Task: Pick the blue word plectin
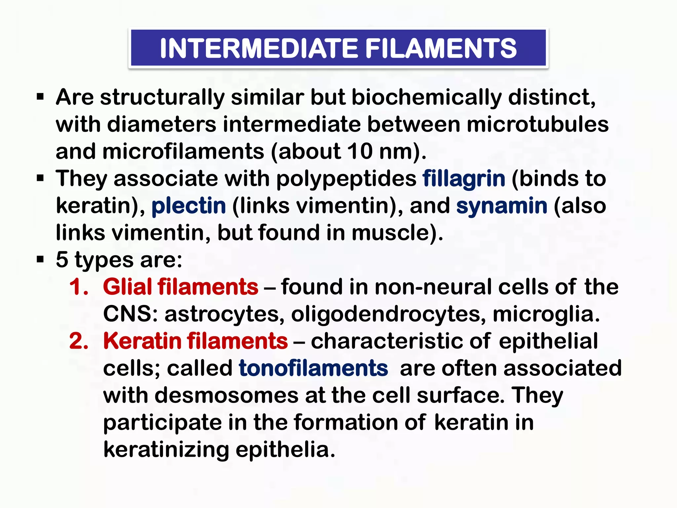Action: [x=189, y=206]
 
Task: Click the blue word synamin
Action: [x=502, y=206]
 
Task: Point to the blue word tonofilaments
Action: [x=313, y=368]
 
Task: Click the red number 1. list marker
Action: [x=79, y=287]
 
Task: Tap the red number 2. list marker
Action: [x=79, y=341]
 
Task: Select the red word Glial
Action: [x=128, y=287]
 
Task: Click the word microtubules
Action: [x=538, y=125]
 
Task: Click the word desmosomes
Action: [x=226, y=395]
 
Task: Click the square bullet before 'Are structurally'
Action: [x=40, y=98]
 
